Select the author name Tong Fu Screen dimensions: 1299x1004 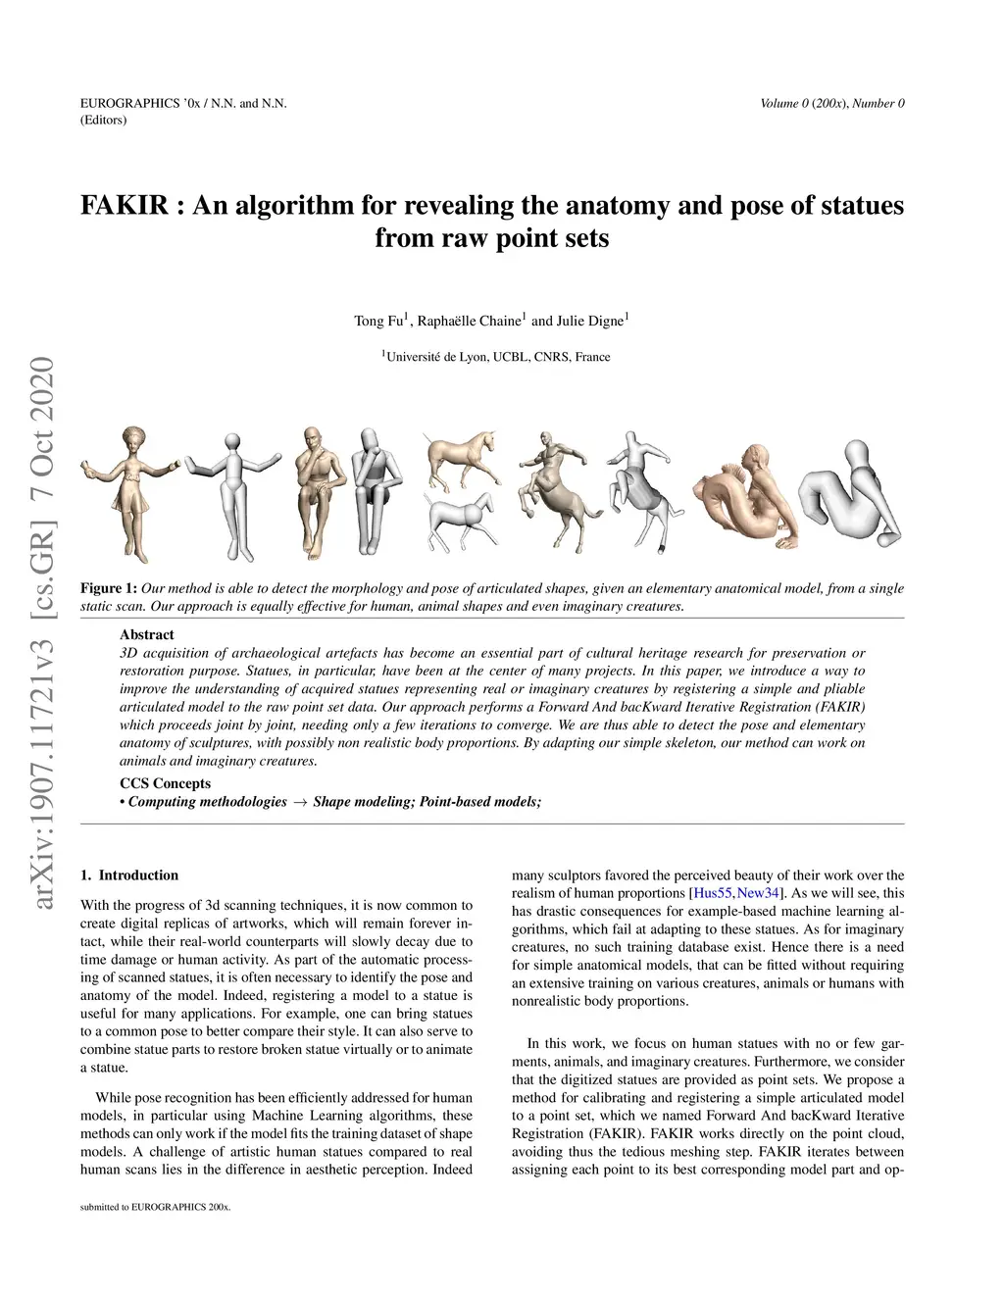pyautogui.click(x=378, y=321)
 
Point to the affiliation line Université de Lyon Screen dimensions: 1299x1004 pyautogui.click(x=496, y=357)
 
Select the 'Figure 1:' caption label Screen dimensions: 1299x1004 pyautogui.click(x=108, y=588)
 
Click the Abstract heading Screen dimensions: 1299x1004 pyautogui.click(x=146, y=634)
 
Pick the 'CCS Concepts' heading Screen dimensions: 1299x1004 pyautogui.click(x=165, y=783)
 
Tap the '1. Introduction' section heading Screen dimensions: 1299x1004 pyautogui.click(x=129, y=875)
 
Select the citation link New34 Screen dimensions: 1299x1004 pyautogui.click(x=758, y=893)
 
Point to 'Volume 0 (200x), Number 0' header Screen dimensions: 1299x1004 pyautogui.click(x=831, y=103)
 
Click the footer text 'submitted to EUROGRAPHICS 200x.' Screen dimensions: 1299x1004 pyautogui.click(x=155, y=1207)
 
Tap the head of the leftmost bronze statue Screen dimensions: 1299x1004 pyautogui.click(x=132, y=437)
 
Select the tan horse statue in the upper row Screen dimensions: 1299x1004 pyautogui.click(x=461, y=458)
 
